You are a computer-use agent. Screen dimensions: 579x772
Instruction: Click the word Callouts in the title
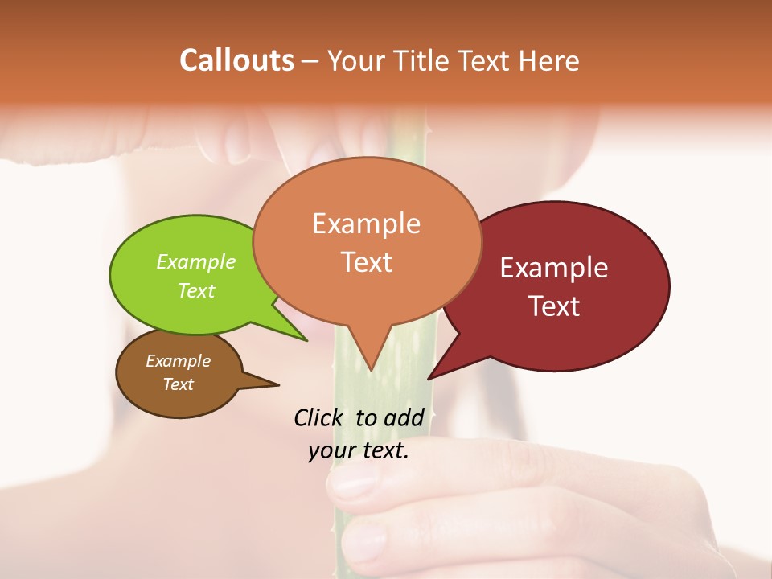click(x=236, y=60)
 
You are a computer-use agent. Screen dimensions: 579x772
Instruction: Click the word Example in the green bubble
click(x=196, y=261)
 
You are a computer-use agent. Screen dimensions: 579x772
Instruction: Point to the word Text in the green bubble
click(x=196, y=290)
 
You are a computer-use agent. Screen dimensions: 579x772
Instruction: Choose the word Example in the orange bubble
click(x=366, y=223)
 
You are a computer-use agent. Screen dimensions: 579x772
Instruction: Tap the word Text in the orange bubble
click(x=366, y=261)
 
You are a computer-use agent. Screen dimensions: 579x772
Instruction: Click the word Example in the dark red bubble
click(x=554, y=267)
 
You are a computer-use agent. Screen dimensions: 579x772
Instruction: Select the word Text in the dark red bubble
click(x=554, y=306)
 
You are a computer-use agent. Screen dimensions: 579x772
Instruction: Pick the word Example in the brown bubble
click(x=178, y=361)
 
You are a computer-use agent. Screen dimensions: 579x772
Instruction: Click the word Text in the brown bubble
click(x=178, y=384)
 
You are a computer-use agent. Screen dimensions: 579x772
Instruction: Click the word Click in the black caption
click(x=320, y=417)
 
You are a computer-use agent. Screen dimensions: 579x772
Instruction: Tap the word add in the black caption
click(x=403, y=417)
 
